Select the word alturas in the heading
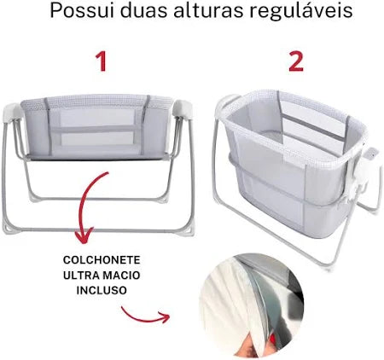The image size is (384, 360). pyautogui.click(x=208, y=11)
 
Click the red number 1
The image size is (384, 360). pyautogui.click(x=101, y=61)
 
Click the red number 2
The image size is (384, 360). pyautogui.click(x=296, y=61)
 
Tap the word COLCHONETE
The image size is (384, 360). pyautogui.click(x=102, y=259)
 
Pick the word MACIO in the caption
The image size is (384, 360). pyautogui.click(x=121, y=275)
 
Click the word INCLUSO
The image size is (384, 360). pyautogui.click(x=102, y=290)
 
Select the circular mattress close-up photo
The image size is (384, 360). pyautogui.click(x=252, y=305)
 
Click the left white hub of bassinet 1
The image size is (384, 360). pyautogui.click(x=12, y=113)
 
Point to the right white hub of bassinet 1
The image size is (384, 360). pyautogui.click(x=182, y=109)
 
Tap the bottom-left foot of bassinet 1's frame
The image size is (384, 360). pyautogui.click(x=8, y=229)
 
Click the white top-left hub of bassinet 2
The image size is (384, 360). pyautogui.click(x=227, y=103)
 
